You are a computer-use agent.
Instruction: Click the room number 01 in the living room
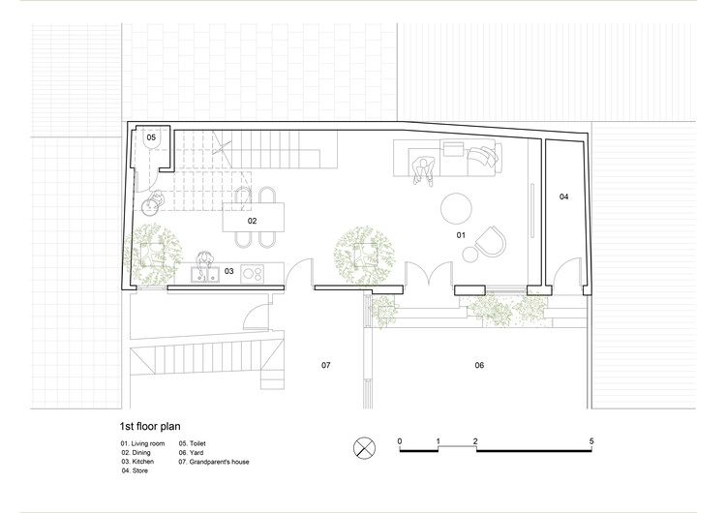coord(461,235)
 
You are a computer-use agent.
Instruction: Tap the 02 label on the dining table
coord(252,221)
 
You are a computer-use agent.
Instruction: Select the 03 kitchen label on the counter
coord(229,271)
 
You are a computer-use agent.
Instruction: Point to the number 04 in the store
coord(563,196)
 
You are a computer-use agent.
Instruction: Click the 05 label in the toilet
coord(151,137)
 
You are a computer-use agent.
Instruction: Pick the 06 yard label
coord(479,365)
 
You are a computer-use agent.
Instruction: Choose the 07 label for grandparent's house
coord(326,365)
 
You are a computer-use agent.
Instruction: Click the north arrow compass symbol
coord(364,448)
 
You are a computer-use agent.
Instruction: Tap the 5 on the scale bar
coord(591,441)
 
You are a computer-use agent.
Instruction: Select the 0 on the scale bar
coord(400,441)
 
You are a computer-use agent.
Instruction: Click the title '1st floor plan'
coord(150,427)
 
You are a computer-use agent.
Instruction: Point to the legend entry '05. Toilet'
coord(193,443)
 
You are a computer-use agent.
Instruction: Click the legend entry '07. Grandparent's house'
coord(214,462)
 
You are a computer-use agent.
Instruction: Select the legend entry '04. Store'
coord(135,470)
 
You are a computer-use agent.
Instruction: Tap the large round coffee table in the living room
coord(456,209)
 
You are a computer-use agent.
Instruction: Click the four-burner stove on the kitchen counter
coord(253,274)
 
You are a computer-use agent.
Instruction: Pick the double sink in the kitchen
coord(205,274)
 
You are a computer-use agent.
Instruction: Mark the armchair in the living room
coord(491,242)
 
